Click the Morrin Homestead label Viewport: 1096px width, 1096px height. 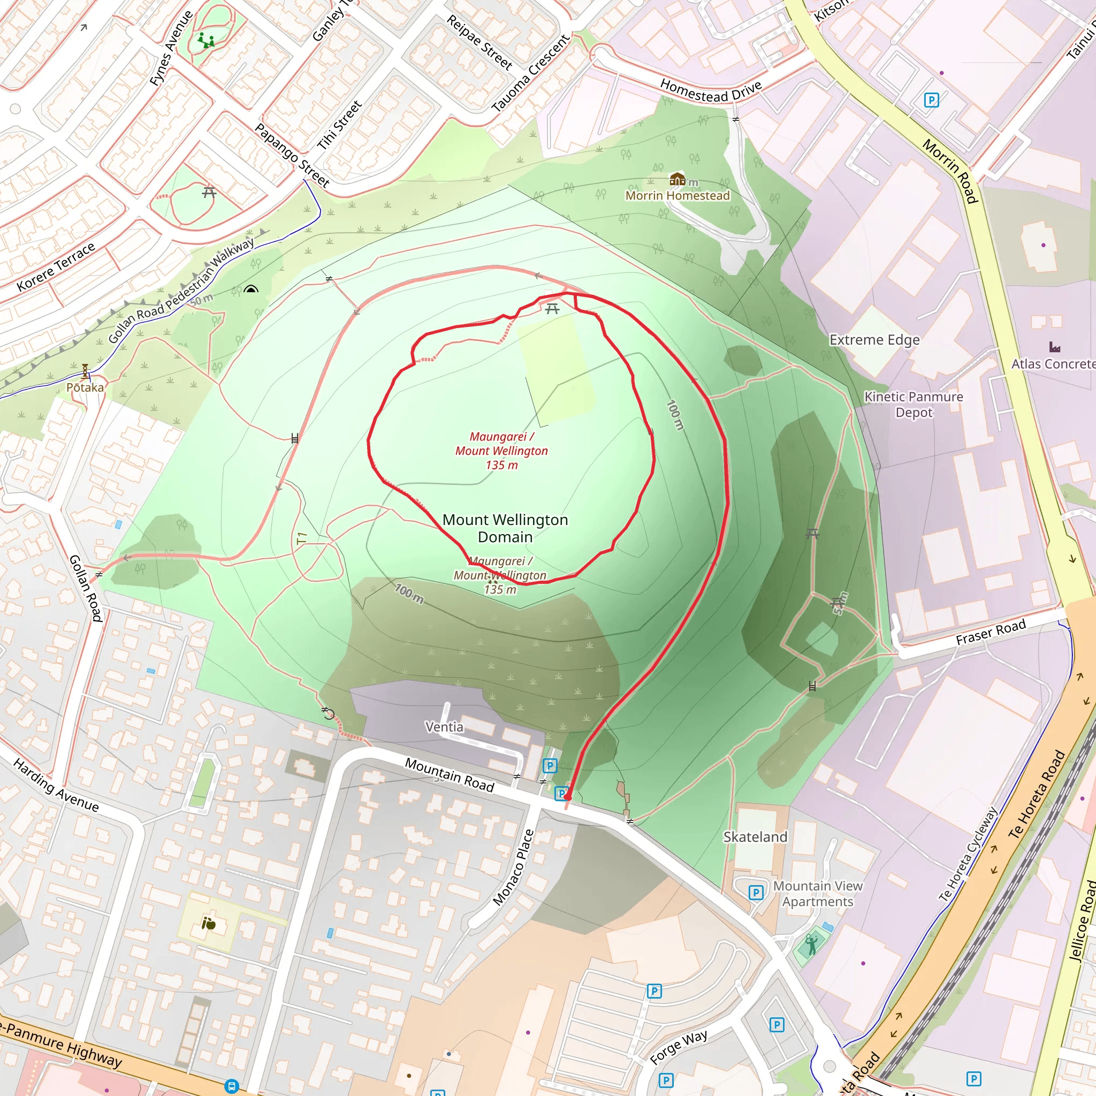pyautogui.click(x=678, y=196)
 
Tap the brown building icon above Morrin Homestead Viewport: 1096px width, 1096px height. pyautogui.click(x=678, y=180)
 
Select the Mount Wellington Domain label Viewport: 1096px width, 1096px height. pyautogui.click(x=505, y=528)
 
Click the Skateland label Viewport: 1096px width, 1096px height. pyautogui.click(x=755, y=837)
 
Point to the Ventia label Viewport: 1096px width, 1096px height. pyautogui.click(x=444, y=727)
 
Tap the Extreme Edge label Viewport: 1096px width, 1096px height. pyautogui.click(x=874, y=340)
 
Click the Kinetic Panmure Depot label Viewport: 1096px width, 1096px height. pyautogui.click(x=914, y=405)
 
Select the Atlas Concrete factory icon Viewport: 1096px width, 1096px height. pyautogui.click(x=1055, y=347)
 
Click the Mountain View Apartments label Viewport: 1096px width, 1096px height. pyautogui.click(x=818, y=894)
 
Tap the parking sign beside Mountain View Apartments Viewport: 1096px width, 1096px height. pyautogui.click(x=756, y=892)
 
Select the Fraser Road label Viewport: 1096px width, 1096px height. pyautogui.click(x=991, y=632)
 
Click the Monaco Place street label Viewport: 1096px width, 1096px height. pyautogui.click(x=513, y=867)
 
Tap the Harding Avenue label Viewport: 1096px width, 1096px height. pyautogui.click(x=56, y=785)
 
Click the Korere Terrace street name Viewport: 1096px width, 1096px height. pyautogui.click(x=56, y=267)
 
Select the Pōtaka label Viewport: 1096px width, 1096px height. pyautogui.click(x=85, y=387)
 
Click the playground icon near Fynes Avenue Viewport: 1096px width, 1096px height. pyautogui.click(x=205, y=40)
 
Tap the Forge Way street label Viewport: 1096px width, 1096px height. pyautogui.click(x=679, y=1047)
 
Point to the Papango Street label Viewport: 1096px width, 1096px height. pyautogui.click(x=292, y=155)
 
